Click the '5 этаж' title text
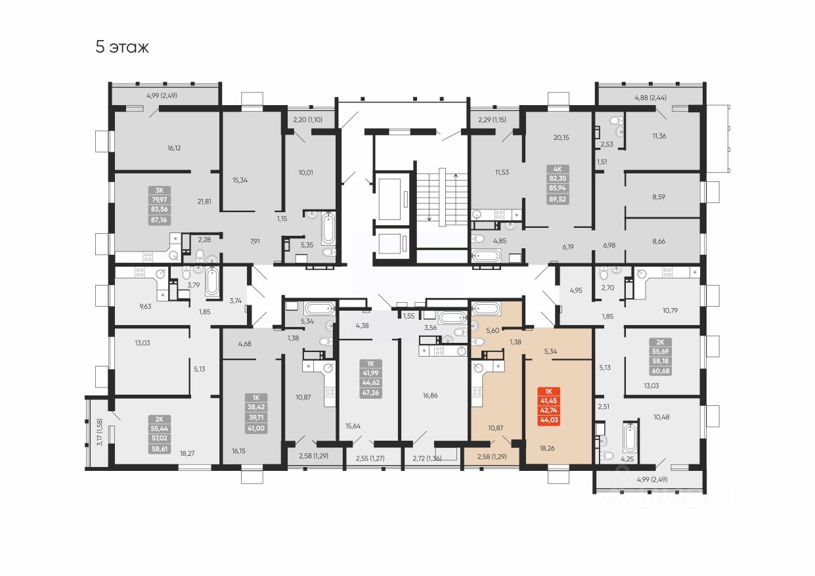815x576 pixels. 122,47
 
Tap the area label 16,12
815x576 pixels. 173,148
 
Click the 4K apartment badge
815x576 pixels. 558,169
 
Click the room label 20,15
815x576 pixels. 561,137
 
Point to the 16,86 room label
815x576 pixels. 430,395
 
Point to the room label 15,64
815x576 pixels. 353,426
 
